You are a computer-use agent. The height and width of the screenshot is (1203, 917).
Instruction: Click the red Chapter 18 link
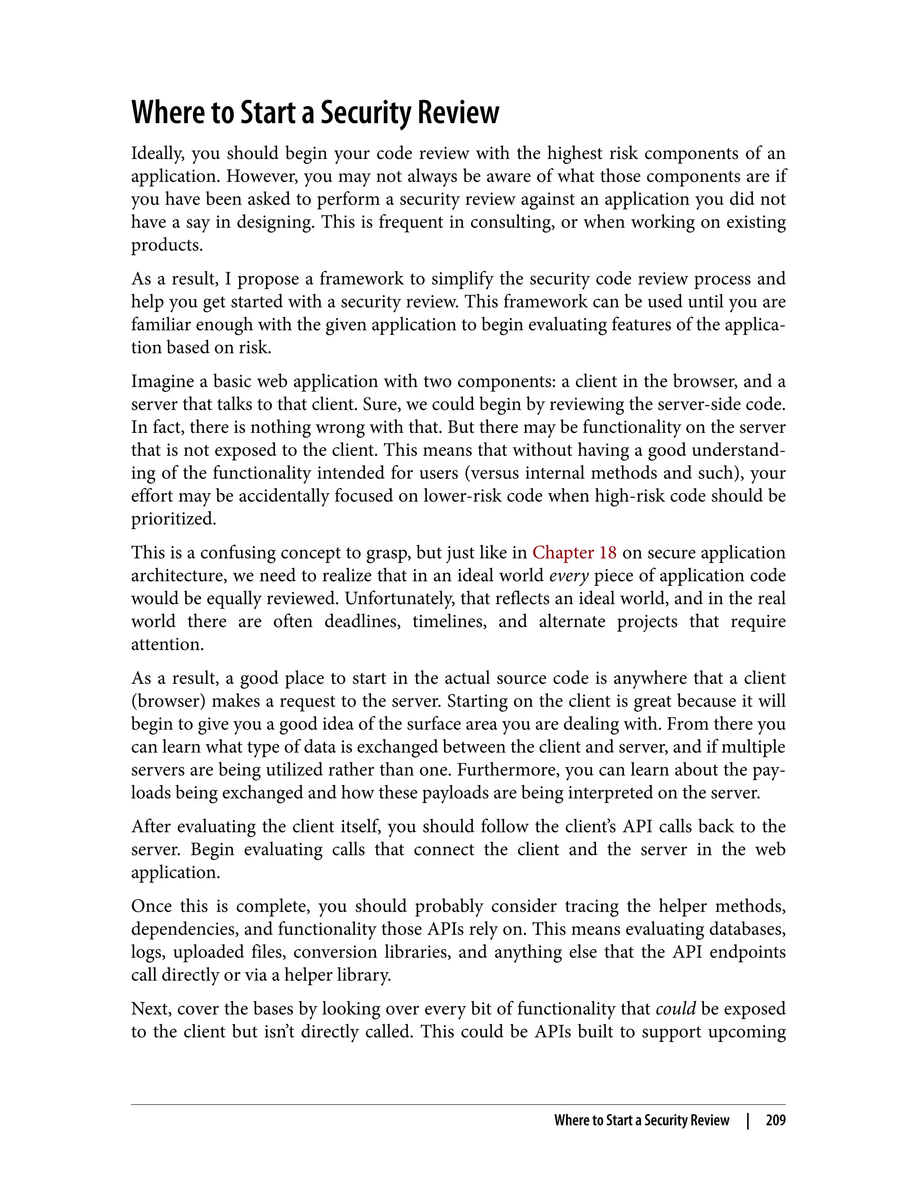tap(574, 553)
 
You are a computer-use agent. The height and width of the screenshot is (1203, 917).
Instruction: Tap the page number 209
tap(775, 1121)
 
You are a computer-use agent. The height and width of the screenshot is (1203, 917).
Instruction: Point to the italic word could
tap(675, 1009)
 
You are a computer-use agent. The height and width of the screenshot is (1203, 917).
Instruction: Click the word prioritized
tap(174, 519)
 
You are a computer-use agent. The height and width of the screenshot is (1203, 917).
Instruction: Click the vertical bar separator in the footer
tap(748, 1121)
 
